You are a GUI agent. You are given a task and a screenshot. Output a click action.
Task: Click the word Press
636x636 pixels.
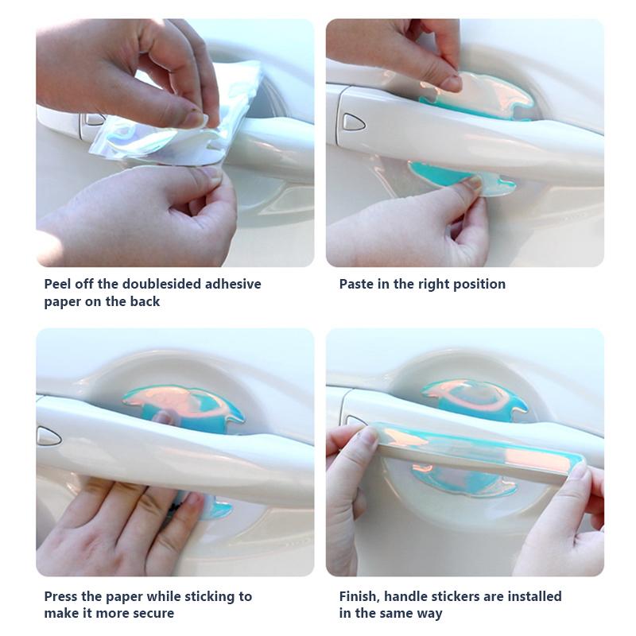coord(61,596)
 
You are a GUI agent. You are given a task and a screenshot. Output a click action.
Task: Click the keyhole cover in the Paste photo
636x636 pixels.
coord(353,122)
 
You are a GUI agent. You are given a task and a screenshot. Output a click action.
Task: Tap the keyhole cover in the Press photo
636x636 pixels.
coord(49,435)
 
